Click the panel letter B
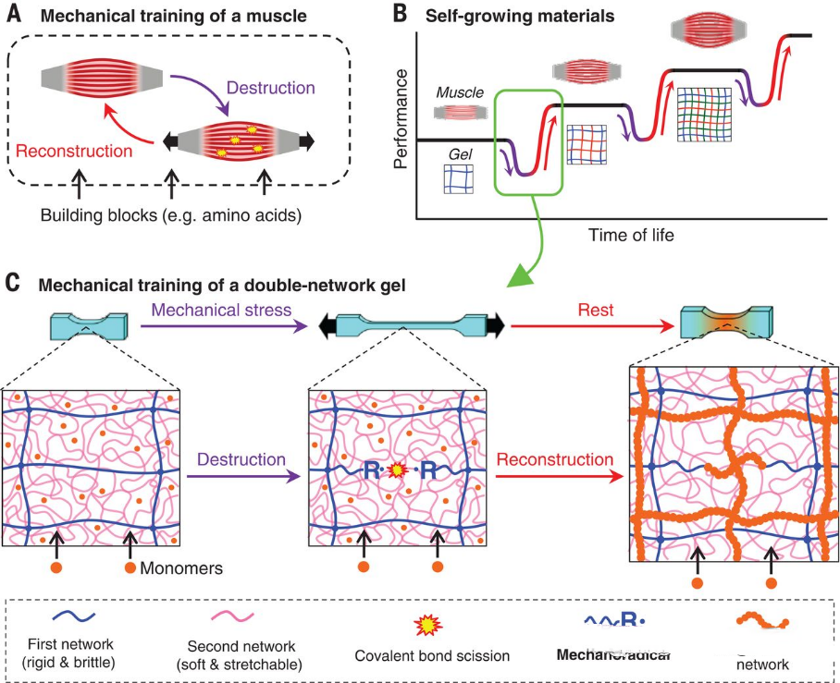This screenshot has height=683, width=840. pyautogui.click(x=399, y=14)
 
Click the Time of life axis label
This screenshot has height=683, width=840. pyautogui.click(x=631, y=235)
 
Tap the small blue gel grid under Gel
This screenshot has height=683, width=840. pyautogui.click(x=458, y=179)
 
